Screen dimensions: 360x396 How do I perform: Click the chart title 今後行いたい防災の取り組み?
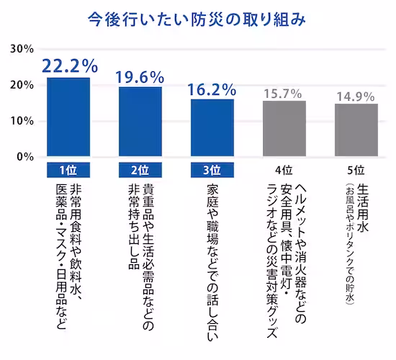point(197,16)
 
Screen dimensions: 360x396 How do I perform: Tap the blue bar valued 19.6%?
point(140,121)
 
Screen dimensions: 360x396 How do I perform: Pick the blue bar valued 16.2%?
point(212,127)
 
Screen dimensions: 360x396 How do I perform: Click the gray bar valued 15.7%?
point(284,128)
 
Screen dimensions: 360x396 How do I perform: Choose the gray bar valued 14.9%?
point(356,130)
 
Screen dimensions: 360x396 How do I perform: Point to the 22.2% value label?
point(69,66)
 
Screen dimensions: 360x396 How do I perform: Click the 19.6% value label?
point(140,76)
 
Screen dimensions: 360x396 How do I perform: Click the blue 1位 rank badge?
point(68,170)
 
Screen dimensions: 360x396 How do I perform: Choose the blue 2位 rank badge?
point(140,170)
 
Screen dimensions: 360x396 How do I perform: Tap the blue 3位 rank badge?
point(212,170)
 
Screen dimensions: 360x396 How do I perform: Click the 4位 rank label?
point(284,170)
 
